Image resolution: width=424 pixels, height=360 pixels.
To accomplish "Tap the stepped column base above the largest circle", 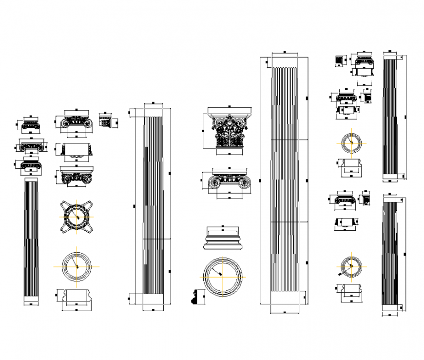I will coord(222,239).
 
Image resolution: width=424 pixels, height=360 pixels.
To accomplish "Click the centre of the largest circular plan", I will coord(222,276).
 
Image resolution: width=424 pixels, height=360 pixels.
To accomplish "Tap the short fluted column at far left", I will coord(31,239).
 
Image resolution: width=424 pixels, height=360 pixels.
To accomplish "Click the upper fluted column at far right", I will coord(390,117).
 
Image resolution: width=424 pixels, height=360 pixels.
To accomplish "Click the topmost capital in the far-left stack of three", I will coord(31,125).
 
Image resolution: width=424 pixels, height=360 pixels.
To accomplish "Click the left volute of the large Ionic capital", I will coord(213,183).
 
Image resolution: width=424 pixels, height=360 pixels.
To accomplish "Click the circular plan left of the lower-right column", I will coord(349,266).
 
